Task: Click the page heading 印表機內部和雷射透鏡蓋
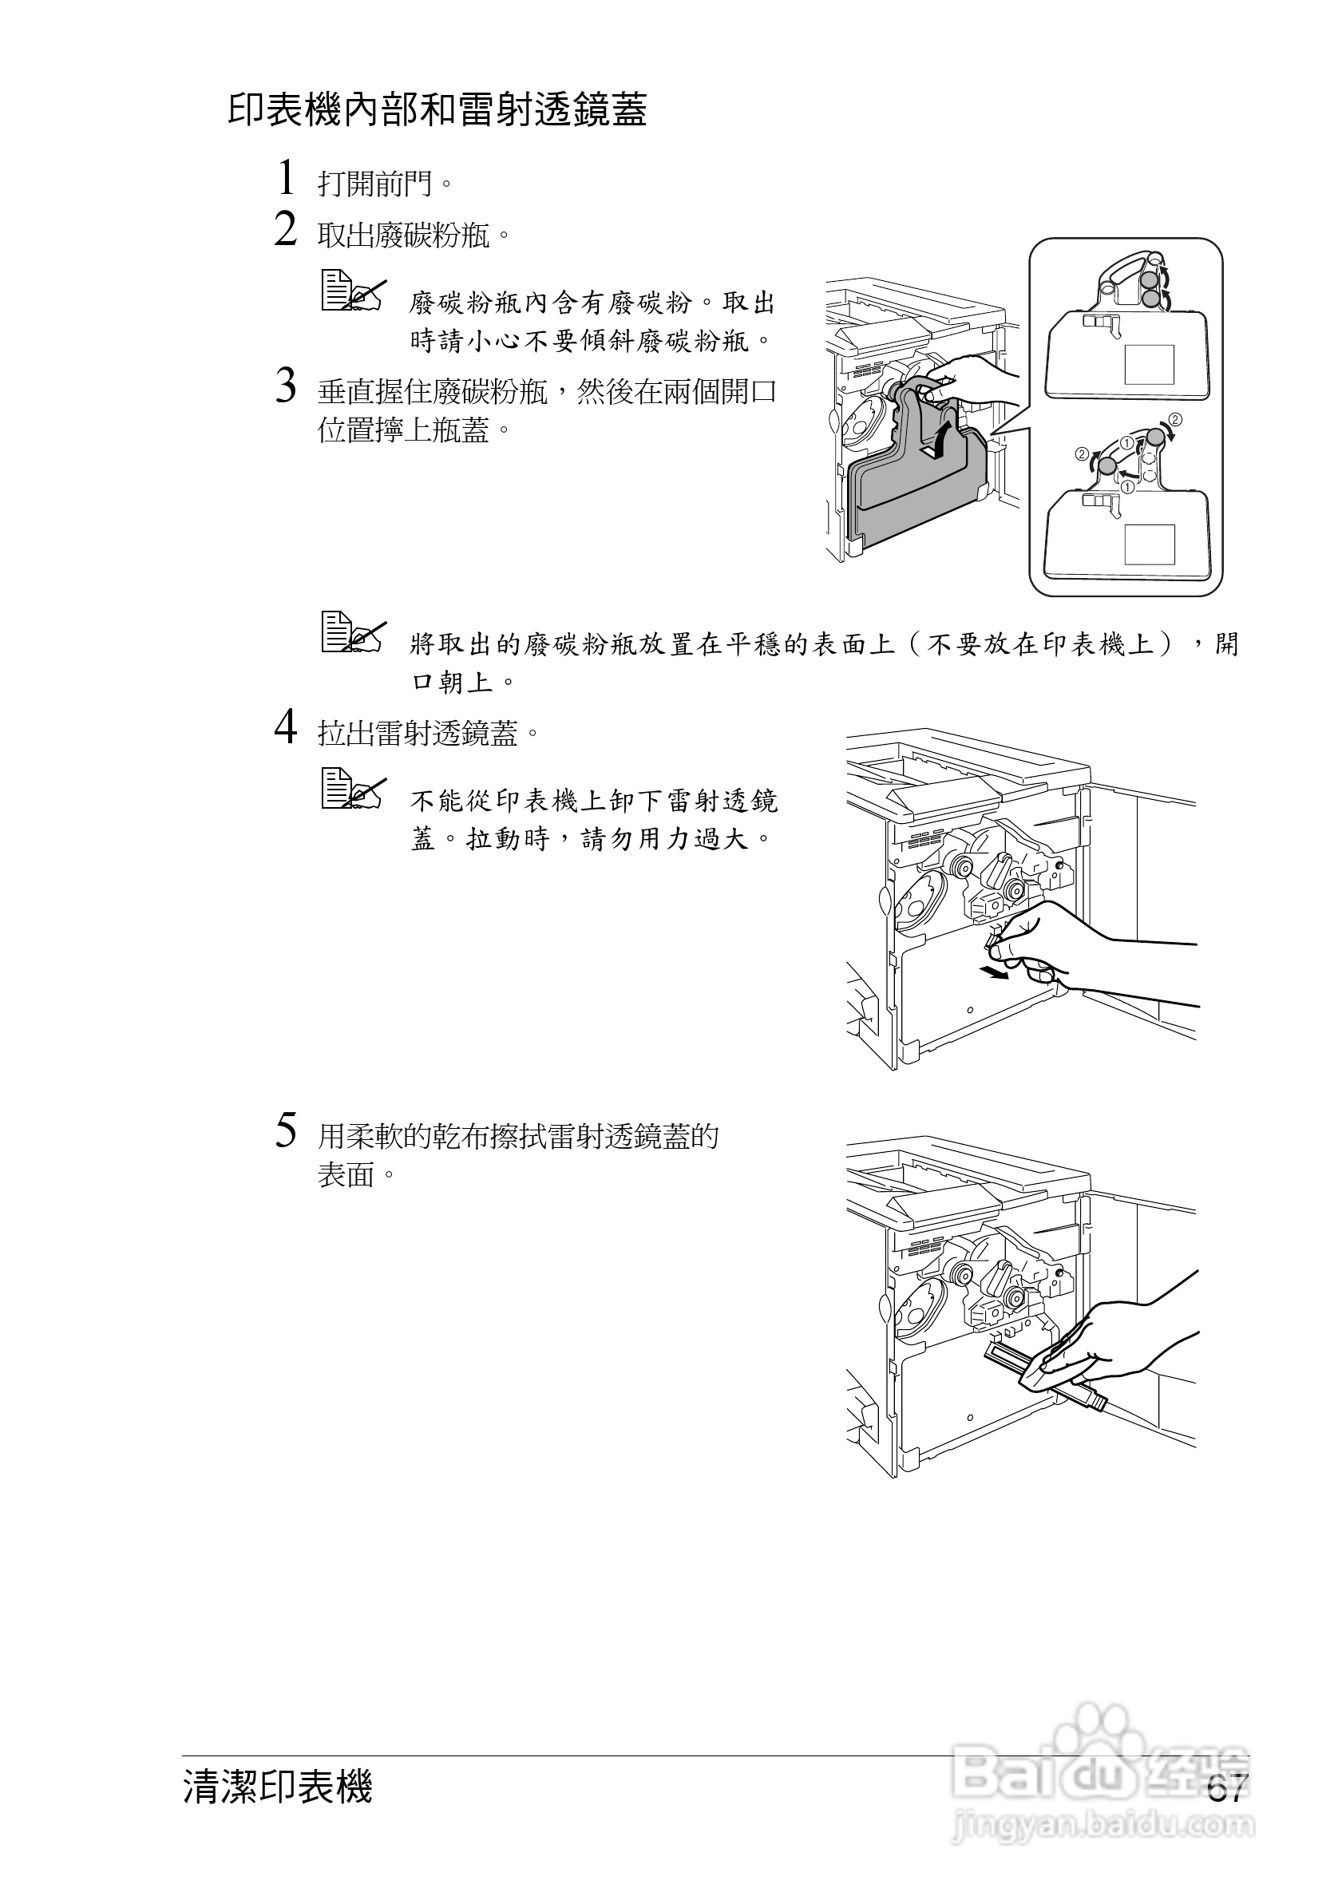point(437,110)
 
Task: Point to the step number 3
point(286,386)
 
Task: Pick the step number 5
point(286,1130)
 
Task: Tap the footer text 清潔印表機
point(278,1787)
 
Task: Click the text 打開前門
point(377,184)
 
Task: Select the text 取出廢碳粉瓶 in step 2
point(406,236)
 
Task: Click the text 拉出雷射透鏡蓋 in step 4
point(418,733)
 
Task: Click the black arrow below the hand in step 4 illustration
point(993,973)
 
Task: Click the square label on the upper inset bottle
point(1149,365)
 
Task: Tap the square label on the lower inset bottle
point(1150,544)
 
